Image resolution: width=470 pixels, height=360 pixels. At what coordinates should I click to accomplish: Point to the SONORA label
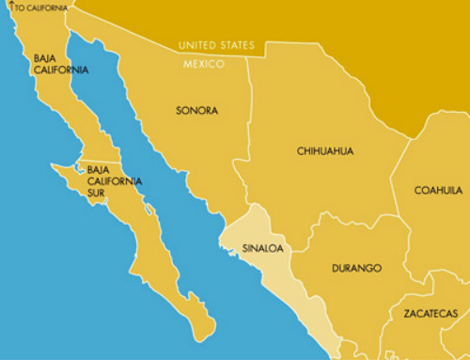click(196, 110)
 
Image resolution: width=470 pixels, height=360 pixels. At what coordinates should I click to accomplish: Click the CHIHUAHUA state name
click(324, 150)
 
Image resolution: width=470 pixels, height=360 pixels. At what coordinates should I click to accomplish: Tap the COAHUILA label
click(437, 191)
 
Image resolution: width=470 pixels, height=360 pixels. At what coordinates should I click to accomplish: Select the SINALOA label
click(263, 249)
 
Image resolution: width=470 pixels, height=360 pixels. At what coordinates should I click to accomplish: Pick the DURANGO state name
click(356, 269)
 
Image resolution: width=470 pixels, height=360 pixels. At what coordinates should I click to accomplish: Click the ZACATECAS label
click(431, 313)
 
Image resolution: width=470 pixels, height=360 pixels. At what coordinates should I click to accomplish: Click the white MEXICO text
click(204, 64)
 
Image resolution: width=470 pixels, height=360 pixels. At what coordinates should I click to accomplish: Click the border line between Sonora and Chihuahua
click(251, 132)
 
